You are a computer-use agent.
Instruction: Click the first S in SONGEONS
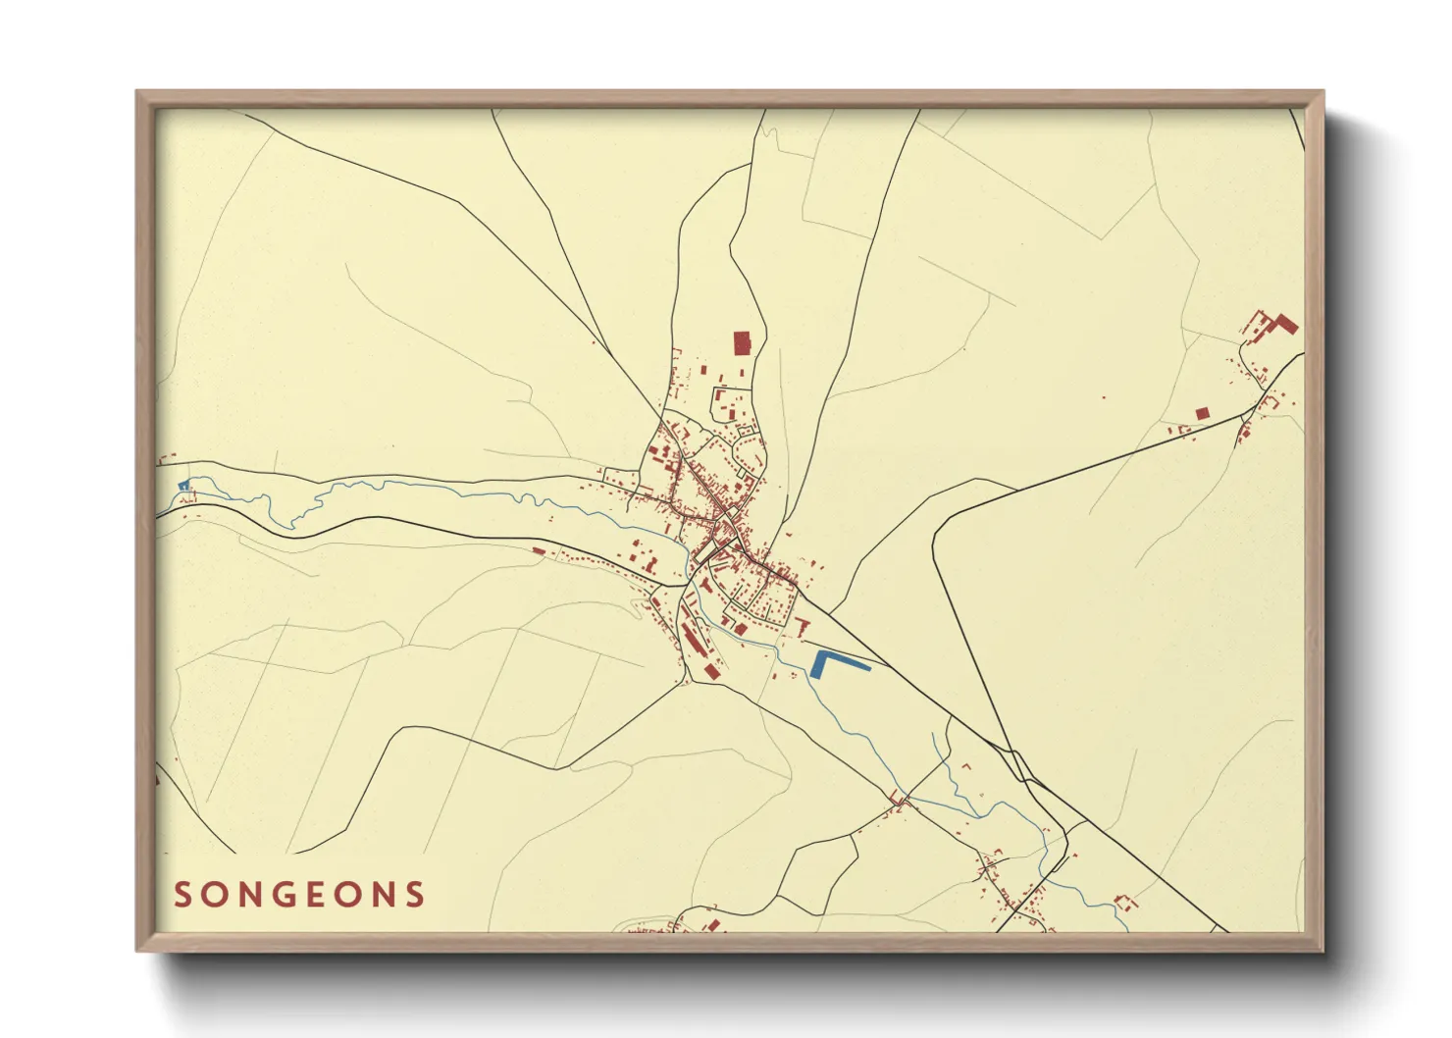point(182,895)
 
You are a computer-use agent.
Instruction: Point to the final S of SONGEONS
point(417,895)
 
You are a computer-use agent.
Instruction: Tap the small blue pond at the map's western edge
point(182,486)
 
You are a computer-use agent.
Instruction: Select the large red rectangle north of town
point(742,343)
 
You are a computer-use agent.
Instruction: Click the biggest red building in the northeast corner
point(1286,324)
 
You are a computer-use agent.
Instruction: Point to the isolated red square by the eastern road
point(1202,414)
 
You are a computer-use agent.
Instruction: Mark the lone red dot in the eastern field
point(1103,398)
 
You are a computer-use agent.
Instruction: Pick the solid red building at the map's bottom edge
point(714,924)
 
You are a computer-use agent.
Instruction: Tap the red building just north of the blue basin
point(803,625)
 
